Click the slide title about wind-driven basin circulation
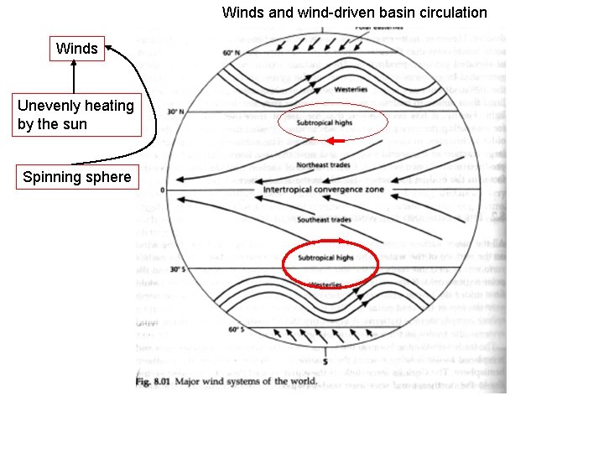pyautogui.click(x=354, y=13)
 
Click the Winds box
pyautogui.click(x=77, y=49)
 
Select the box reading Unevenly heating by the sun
pyautogui.click(x=75, y=115)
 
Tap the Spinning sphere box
pyautogui.click(x=77, y=177)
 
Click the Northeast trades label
pyautogui.click(x=323, y=167)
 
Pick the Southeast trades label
pyautogui.click(x=324, y=220)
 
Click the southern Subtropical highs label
pyautogui.click(x=326, y=258)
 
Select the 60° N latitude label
pyautogui.click(x=232, y=54)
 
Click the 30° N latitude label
pyautogui.click(x=175, y=111)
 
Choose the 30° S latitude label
pyautogui.click(x=176, y=269)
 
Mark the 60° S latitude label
pyautogui.click(x=234, y=331)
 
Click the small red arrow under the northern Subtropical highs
pyautogui.click(x=336, y=141)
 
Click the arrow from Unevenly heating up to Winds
pyautogui.click(x=74, y=80)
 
